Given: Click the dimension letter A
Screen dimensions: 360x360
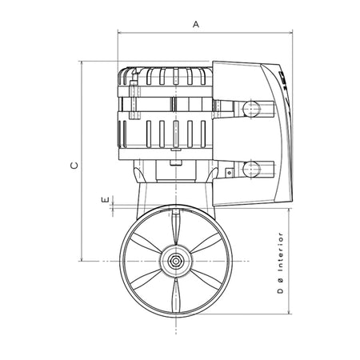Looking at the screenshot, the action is point(196,24).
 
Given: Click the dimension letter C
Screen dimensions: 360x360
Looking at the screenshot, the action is point(74,166).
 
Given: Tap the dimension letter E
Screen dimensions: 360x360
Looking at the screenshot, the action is point(106,199).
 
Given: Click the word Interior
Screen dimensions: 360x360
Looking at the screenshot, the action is point(280,252).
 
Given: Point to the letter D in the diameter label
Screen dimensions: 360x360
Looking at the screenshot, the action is point(280,290).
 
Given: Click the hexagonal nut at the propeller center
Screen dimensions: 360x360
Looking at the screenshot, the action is point(175,261).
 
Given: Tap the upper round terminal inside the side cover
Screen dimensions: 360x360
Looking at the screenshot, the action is point(251,109).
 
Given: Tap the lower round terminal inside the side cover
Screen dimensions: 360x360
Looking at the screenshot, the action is point(251,169).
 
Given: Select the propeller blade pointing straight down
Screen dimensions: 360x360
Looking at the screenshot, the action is point(175,295).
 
